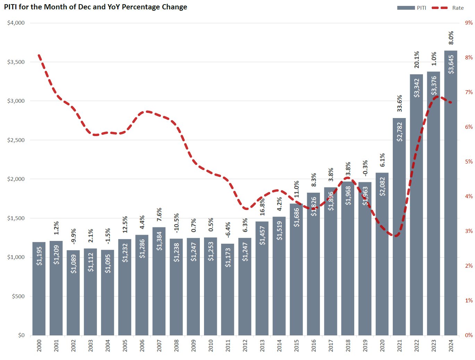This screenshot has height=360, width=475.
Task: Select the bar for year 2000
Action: click(x=39, y=288)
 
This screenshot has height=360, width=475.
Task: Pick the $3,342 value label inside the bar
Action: click(x=417, y=88)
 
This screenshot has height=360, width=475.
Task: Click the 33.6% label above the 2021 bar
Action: click(x=399, y=103)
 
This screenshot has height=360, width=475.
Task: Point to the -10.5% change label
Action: click(x=177, y=223)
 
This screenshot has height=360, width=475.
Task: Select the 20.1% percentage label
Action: click(x=417, y=60)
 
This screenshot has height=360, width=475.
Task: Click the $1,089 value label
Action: click(x=74, y=264)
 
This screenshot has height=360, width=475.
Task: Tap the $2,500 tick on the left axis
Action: click(x=16, y=140)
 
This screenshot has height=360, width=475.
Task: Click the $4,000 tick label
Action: click(x=16, y=23)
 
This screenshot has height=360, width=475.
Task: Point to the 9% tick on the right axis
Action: click(x=469, y=23)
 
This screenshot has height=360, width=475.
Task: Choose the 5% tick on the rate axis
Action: click(x=469, y=162)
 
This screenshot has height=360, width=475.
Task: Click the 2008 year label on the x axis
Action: click(x=177, y=346)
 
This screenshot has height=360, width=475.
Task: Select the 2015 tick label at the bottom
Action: click(x=297, y=346)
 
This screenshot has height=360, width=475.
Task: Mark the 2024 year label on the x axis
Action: click(x=451, y=346)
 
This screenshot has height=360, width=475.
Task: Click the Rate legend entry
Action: click(x=458, y=8)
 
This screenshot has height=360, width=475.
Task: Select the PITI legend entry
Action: click(x=421, y=8)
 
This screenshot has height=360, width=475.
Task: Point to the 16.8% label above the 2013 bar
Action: click(x=262, y=207)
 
